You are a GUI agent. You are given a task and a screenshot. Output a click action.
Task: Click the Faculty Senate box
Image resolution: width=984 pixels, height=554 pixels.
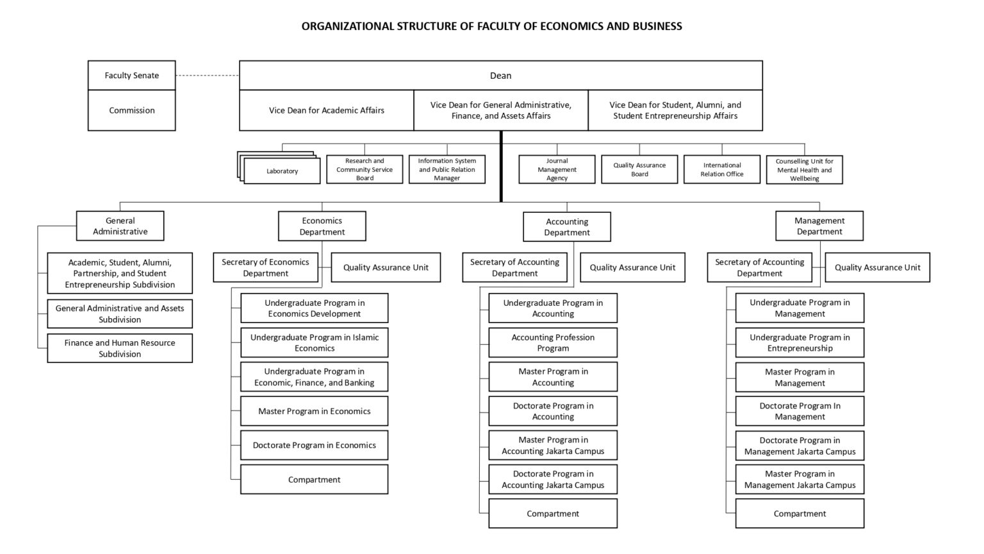pyautogui.click(x=132, y=75)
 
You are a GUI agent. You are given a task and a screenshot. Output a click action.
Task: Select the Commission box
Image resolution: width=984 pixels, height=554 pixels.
pyautogui.click(x=132, y=110)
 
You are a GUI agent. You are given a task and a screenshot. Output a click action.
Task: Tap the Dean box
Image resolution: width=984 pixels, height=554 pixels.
pyautogui.click(x=501, y=75)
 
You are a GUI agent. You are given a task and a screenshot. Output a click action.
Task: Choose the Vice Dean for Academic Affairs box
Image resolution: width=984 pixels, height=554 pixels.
pyautogui.click(x=326, y=110)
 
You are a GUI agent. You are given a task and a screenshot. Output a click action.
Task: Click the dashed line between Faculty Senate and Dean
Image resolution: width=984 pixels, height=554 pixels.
pyautogui.click(x=208, y=75)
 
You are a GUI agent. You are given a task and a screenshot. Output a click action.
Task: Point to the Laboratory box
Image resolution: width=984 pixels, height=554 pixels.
pyautogui.click(x=282, y=171)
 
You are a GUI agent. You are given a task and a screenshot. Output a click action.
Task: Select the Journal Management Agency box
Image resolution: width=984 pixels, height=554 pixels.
pyautogui.click(x=557, y=169)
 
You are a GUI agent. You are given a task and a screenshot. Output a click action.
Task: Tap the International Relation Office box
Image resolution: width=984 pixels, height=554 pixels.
pyautogui.click(x=722, y=169)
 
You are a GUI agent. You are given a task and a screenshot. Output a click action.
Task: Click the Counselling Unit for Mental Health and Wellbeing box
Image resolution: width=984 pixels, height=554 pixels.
pyautogui.click(x=805, y=170)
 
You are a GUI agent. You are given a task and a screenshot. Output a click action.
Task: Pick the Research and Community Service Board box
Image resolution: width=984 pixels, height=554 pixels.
pyautogui.click(x=365, y=169)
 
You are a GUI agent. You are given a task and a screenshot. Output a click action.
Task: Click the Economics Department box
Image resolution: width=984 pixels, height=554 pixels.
pyautogui.click(x=322, y=226)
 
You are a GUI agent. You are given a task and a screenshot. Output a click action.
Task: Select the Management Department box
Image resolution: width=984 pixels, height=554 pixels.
pyautogui.click(x=819, y=226)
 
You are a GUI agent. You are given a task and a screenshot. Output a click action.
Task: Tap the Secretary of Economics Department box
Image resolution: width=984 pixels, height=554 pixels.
pyautogui.click(x=266, y=267)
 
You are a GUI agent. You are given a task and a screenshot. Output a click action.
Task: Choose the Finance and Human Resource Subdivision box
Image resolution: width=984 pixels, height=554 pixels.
pyautogui.click(x=120, y=348)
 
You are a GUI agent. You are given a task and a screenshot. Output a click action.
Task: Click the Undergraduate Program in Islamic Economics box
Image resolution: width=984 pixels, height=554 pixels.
pyautogui.click(x=315, y=342)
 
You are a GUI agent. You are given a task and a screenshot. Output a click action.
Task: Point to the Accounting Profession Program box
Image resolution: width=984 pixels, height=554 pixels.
pyautogui.click(x=553, y=342)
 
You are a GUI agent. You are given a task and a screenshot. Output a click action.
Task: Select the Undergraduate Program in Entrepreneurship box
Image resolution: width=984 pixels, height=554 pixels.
pyautogui.click(x=800, y=342)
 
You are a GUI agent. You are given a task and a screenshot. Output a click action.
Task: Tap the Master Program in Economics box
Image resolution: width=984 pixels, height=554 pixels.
pyautogui.click(x=315, y=411)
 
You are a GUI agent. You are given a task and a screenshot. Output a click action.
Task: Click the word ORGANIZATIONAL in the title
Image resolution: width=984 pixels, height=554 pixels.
pyautogui.click(x=347, y=26)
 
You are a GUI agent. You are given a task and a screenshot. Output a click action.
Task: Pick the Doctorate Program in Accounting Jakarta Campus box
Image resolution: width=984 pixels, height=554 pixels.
pyautogui.click(x=553, y=479)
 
